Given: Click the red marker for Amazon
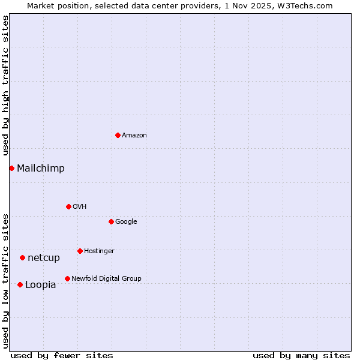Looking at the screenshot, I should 118,135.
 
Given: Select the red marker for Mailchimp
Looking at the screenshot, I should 11,168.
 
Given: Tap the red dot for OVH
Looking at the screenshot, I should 68,206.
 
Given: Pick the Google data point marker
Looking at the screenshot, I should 111,221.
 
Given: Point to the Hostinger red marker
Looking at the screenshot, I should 80,251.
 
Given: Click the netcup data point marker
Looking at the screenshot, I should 22,257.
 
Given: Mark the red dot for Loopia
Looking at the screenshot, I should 20,284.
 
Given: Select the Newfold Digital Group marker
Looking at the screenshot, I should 67,278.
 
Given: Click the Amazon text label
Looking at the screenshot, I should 134,136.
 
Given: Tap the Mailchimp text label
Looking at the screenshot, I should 41,169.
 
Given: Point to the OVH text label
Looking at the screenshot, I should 80,207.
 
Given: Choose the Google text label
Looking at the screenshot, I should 126,222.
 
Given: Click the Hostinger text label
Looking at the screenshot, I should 99,251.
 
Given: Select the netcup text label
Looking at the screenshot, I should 44,258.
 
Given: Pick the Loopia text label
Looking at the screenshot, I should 41,285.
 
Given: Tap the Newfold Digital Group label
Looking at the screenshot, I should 106,279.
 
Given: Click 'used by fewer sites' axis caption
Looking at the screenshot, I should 62,355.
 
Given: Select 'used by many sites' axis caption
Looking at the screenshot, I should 301,355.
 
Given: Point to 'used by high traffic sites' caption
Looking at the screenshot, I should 6,85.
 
